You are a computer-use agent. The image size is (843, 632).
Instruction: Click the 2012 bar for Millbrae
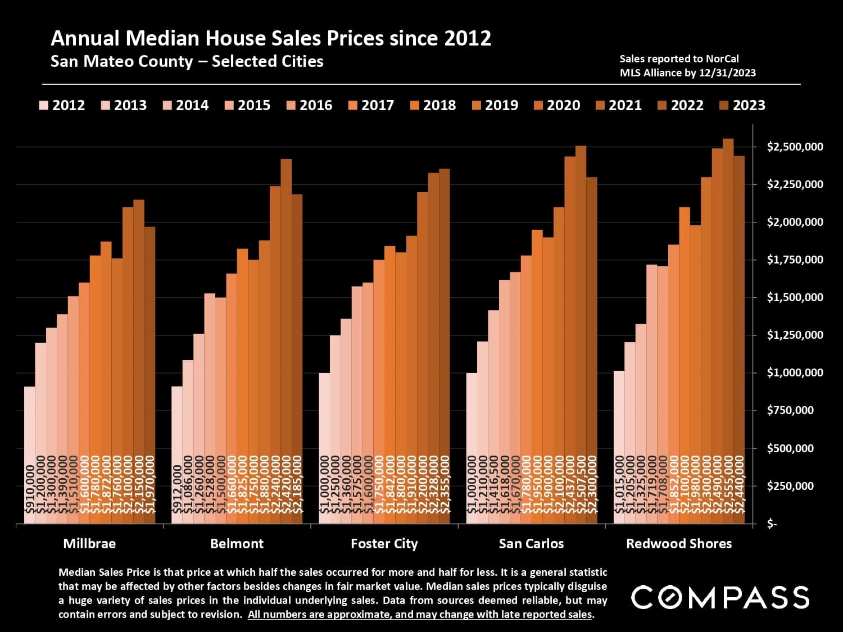(x=30, y=449)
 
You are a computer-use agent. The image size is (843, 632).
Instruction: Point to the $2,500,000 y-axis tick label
(x=795, y=147)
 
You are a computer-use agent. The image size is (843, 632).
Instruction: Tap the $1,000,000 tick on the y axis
(x=795, y=373)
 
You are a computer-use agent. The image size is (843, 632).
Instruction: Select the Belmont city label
(x=237, y=544)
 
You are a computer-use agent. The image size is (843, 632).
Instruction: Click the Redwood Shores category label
(x=679, y=544)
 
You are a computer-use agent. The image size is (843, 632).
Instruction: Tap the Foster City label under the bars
(x=384, y=544)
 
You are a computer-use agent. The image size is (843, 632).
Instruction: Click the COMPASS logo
(x=720, y=597)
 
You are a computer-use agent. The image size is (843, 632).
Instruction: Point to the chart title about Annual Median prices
(x=271, y=38)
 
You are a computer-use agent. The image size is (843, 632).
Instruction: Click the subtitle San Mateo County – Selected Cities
(x=187, y=61)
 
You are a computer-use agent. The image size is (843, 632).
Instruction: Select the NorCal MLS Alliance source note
(x=687, y=66)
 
